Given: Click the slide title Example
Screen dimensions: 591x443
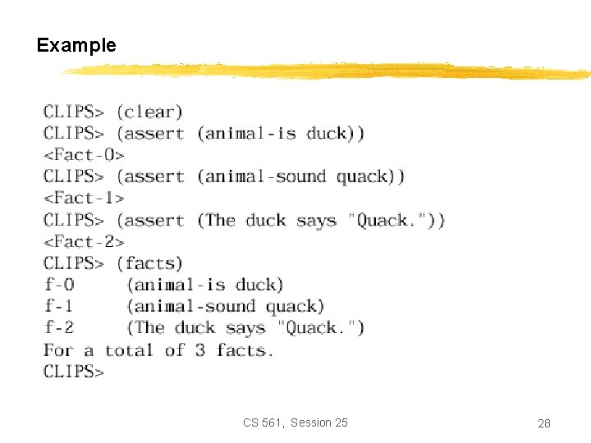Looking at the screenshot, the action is coord(76,46).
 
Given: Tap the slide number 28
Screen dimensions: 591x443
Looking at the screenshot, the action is coord(543,423).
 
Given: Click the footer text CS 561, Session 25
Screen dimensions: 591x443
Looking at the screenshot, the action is coord(295,422).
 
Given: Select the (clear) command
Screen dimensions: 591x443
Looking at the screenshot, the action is coord(149,112).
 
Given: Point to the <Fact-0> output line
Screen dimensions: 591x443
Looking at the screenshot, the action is coord(83,154).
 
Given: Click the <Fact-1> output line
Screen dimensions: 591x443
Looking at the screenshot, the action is coord(83,198).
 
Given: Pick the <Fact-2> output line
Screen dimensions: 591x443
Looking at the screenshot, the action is coord(83,241).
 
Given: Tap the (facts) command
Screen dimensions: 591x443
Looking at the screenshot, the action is coord(149,263).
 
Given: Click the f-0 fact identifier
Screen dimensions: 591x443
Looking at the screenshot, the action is coord(59,285).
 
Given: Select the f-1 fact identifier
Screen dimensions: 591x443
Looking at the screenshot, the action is coord(59,307).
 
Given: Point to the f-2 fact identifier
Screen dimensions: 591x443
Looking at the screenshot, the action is coord(59,328).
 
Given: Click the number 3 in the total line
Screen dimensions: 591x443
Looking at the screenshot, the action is coord(200,350).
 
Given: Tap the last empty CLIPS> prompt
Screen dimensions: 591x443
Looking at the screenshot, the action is coord(74,372).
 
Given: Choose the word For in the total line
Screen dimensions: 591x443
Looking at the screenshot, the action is coord(58,350).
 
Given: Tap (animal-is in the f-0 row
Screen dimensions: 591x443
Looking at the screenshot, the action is coord(176,285).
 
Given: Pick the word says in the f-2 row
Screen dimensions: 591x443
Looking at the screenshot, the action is coord(245,328).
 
